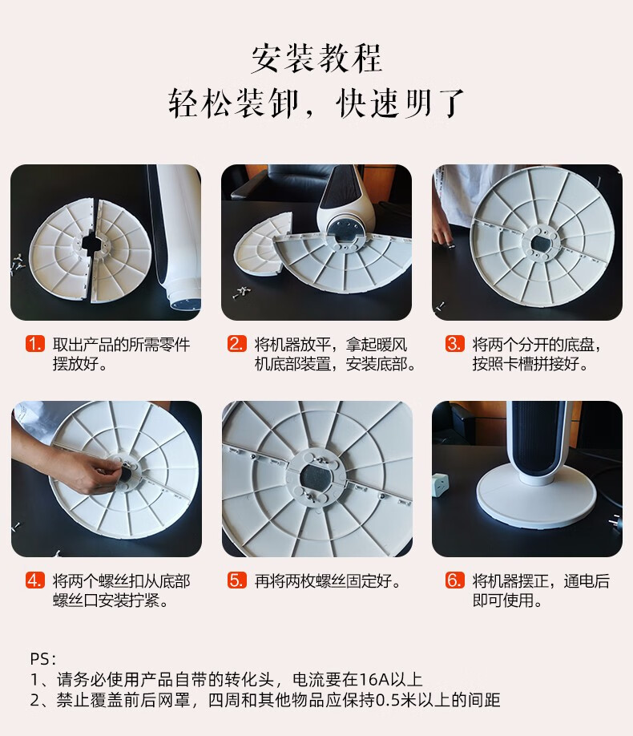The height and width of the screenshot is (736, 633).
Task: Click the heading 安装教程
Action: [x=316, y=59]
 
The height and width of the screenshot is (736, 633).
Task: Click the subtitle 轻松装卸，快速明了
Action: [x=316, y=103]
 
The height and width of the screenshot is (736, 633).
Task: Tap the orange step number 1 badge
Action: [x=35, y=344]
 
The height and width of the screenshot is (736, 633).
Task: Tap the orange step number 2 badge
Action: [x=236, y=344]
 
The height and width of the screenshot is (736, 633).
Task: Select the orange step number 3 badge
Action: [x=454, y=344]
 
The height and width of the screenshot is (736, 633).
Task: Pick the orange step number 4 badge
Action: [x=35, y=580]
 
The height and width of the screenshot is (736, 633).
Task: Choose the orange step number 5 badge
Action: [x=236, y=580]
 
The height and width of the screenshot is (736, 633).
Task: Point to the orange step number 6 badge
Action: [x=454, y=580]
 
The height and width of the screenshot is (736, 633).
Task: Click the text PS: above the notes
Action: [x=43, y=659]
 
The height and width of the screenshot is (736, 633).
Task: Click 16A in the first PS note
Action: [x=374, y=680]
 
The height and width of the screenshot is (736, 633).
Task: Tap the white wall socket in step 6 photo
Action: [x=441, y=484]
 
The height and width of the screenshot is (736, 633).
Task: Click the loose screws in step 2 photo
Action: [x=241, y=293]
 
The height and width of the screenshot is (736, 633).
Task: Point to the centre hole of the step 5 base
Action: [x=316, y=478]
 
